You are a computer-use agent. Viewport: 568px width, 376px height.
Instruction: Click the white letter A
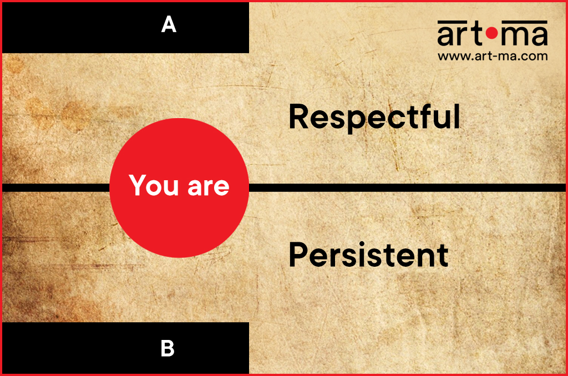[169, 24]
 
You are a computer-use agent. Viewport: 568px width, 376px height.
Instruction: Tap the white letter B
[168, 348]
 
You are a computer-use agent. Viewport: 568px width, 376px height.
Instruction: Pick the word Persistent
[369, 255]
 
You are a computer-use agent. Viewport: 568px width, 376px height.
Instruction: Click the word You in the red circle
[154, 185]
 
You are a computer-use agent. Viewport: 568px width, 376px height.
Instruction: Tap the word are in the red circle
[209, 187]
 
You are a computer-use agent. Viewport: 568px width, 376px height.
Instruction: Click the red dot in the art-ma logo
[492, 34]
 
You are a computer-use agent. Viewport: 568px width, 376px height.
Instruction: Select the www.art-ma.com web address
[493, 56]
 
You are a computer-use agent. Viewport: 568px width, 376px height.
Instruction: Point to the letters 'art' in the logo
[460, 35]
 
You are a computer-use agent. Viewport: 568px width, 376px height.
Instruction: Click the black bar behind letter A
[126, 28]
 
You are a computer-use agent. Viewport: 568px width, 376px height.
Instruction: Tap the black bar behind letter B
[126, 348]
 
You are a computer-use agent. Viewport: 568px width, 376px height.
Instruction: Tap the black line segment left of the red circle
[56, 187]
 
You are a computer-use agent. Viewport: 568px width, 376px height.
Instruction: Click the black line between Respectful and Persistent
[407, 187]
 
